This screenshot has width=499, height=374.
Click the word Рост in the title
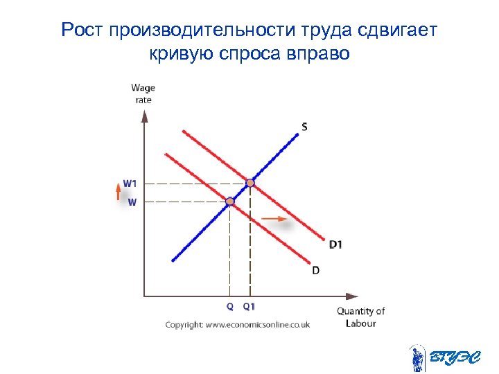[82, 30]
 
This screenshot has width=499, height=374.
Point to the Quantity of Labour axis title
[360, 317]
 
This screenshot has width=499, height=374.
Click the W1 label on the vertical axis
[130, 183]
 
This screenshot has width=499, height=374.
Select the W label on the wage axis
[132, 202]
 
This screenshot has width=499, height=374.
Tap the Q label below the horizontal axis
[229, 306]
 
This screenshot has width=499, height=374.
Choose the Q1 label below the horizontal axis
[249, 306]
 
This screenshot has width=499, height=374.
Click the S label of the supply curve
[304, 126]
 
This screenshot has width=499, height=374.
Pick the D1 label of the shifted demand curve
[335, 244]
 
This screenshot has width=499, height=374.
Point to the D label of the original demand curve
[316, 270]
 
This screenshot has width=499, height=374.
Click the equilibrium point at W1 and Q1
[250, 183]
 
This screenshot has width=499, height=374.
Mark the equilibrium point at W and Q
[229, 202]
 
